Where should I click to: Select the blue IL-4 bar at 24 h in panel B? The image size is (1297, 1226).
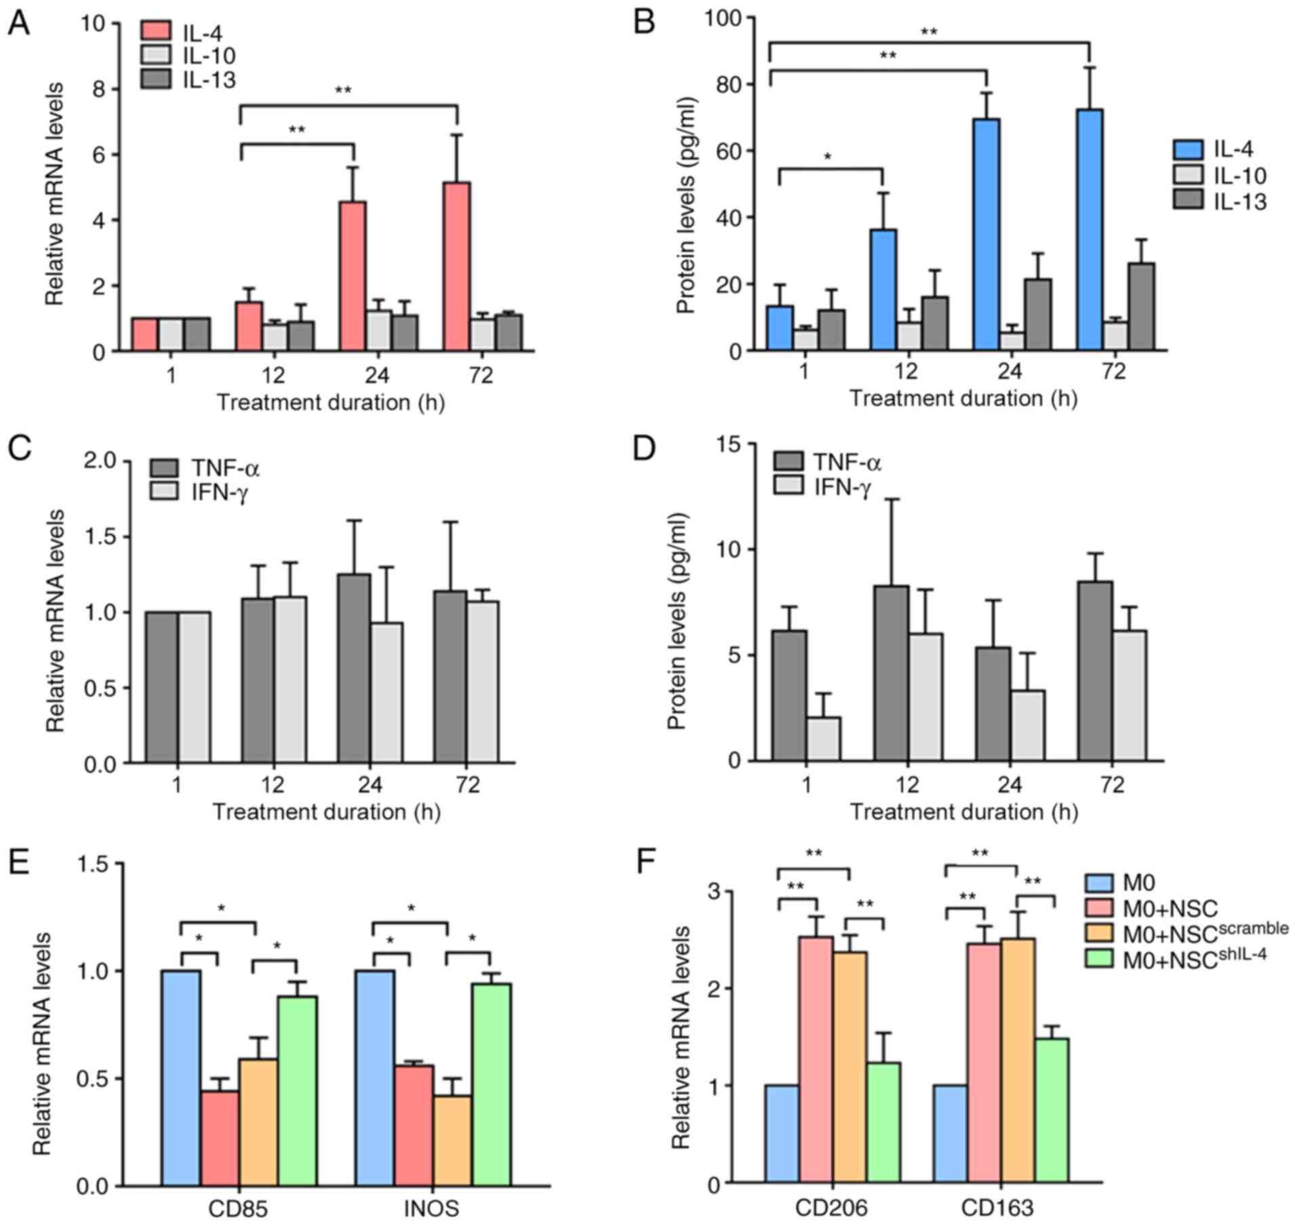click(x=986, y=235)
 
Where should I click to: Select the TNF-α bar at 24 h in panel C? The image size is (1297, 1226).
click(x=355, y=669)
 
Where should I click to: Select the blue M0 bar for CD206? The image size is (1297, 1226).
click(x=782, y=1134)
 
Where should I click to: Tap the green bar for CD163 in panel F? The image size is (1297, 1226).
click(x=1051, y=1110)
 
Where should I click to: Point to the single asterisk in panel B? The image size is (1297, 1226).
click(x=828, y=157)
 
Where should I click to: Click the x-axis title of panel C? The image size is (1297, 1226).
click(x=327, y=812)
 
